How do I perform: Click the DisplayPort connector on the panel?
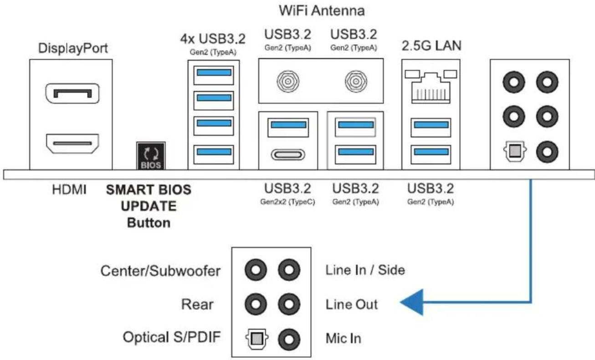coord(72,93)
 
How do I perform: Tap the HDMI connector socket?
coord(72,144)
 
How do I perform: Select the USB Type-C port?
coord(288,154)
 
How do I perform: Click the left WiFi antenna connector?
coord(288,81)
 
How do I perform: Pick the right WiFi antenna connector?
coord(356,81)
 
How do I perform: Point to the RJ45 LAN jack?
coord(431,87)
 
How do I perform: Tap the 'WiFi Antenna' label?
coord(322,11)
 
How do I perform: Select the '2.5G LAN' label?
coord(431,46)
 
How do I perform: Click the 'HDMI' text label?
coord(69,190)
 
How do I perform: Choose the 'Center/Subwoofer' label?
coord(160,271)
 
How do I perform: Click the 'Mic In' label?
coord(344,339)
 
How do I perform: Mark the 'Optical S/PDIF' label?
coord(172,337)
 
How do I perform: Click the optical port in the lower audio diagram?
coord(256,339)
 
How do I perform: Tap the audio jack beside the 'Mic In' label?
coord(289,339)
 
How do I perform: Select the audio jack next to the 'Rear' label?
coord(256,304)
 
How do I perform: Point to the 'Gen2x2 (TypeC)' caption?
coord(287,202)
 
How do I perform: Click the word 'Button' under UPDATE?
coord(149,223)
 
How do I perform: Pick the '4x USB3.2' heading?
coord(213,39)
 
